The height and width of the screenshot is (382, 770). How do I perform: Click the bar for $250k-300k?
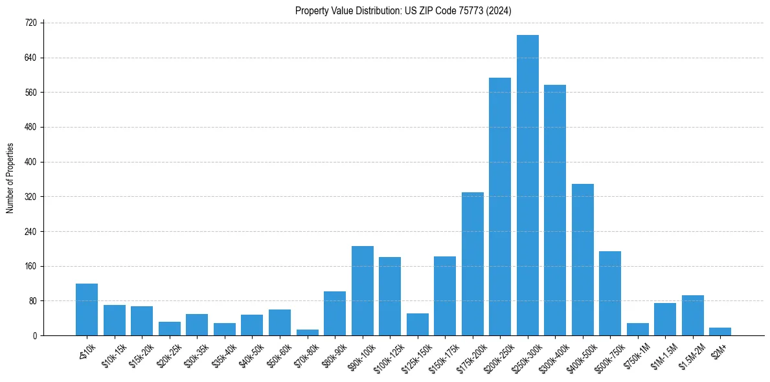528,185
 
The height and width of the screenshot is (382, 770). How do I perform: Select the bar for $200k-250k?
500,207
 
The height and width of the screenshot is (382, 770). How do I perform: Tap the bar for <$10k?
87,309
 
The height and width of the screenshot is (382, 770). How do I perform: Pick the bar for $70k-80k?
308,333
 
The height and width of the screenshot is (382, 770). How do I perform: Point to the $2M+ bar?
720,331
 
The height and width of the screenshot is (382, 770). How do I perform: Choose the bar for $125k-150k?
418,324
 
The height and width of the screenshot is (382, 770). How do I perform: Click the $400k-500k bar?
583,260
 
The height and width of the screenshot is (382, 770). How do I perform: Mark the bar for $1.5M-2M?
693,315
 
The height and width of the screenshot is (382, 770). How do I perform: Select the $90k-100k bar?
363,291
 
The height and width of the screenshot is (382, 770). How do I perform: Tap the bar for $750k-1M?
638,329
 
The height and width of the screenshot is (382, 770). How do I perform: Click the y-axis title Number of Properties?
10,179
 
